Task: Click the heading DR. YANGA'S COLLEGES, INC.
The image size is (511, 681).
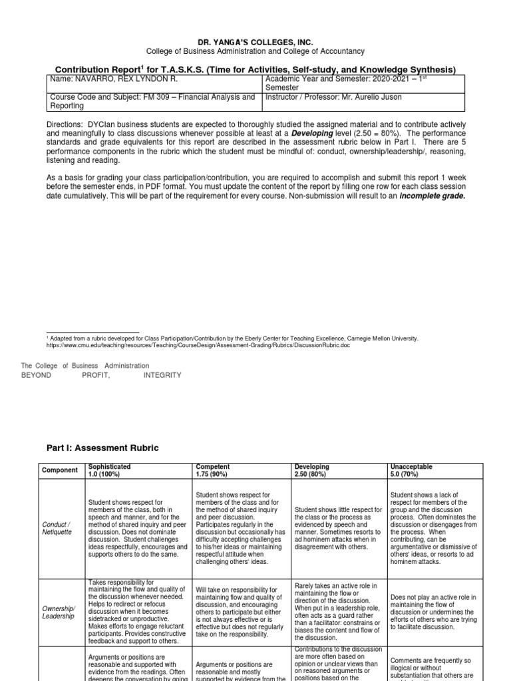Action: pos(255,42)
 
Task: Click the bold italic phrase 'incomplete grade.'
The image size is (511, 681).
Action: pos(432,196)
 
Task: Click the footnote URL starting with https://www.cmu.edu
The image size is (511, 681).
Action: pos(198,345)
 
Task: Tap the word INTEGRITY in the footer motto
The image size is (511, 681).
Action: pos(162,375)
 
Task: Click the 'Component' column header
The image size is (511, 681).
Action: pos(60,470)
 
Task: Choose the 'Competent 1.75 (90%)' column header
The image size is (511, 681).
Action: pos(214,470)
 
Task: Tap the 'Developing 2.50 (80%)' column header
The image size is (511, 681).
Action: pos(316,470)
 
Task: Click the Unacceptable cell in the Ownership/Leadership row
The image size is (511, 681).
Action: pos(433,612)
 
